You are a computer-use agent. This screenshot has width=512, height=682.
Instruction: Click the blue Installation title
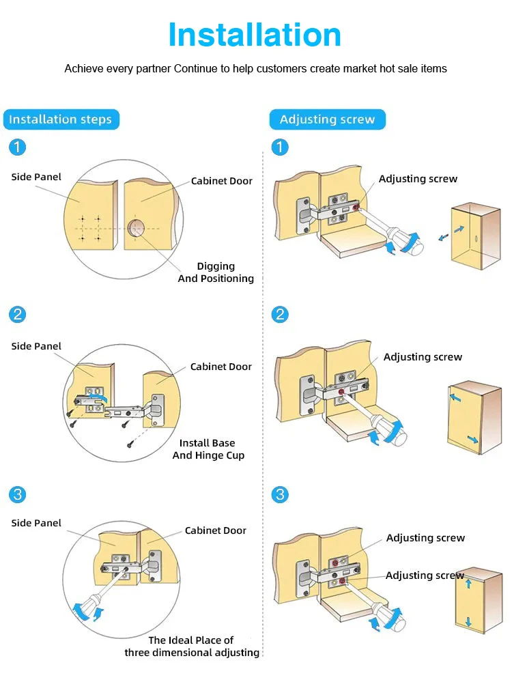[x=255, y=35]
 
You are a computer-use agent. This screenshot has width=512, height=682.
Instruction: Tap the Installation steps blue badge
[x=61, y=119]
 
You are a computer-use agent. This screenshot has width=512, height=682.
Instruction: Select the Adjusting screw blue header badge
[x=327, y=119]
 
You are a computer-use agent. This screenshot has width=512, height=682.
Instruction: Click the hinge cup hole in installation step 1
[x=136, y=228]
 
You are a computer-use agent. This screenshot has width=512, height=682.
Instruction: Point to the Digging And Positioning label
[x=216, y=272]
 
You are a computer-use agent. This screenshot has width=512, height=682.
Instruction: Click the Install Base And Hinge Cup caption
[x=208, y=449]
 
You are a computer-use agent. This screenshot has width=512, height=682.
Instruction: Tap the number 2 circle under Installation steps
[x=17, y=314]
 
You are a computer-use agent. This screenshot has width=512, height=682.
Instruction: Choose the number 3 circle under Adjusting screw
[x=280, y=494]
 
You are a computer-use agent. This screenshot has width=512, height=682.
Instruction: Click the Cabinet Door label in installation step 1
[x=221, y=181]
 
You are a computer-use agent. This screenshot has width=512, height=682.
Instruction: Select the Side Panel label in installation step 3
[x=36, y=523]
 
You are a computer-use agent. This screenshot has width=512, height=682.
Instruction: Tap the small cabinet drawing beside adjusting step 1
[x=475, y=236]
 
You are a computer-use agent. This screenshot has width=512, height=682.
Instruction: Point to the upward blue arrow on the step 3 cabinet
[x=468, y=583]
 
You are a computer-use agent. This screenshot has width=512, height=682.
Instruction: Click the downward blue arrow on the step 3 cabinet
[x=468, y=621]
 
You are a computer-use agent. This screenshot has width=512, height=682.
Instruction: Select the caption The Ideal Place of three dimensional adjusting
[x=192, y=647]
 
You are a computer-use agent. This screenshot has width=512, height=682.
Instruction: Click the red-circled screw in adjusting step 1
[x=356, y=208]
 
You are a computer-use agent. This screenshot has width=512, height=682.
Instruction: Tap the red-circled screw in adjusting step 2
[x=341, y=393]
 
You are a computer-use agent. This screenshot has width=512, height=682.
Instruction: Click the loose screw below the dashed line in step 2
[x=130, y=444]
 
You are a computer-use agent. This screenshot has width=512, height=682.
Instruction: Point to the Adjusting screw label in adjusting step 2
[x=423, y=357]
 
